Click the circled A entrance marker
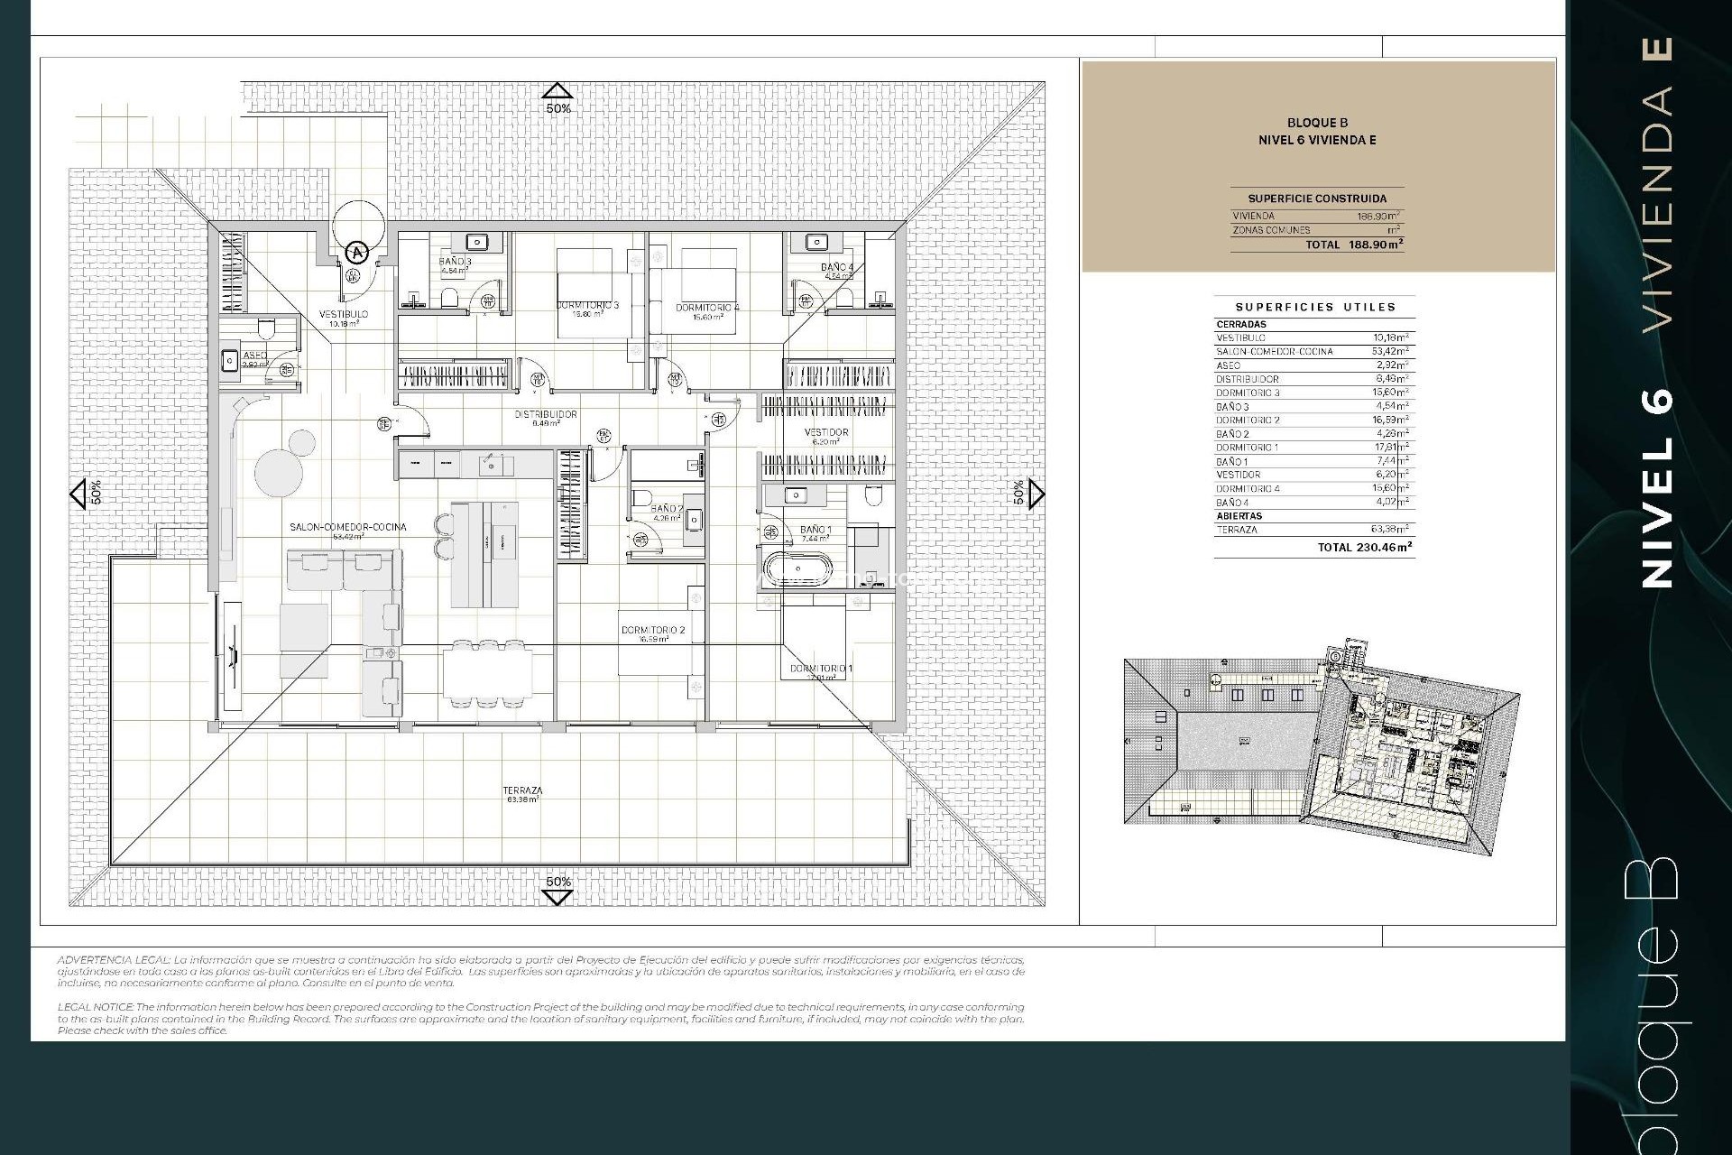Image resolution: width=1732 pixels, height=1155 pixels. click(x=358, y=253)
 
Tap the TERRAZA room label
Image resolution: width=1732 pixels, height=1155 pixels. click(x=522, y=791)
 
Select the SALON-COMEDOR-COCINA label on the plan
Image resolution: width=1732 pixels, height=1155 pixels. click(x=347, y=527)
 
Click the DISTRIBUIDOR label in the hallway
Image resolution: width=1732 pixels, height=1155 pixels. click(x=545, y=415)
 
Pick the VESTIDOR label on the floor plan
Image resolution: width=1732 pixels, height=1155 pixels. click(x=825, y=433)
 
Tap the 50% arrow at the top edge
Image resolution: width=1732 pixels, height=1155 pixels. click(x=557, y=91)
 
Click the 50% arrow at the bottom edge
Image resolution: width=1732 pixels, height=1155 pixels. click(x=557, y=895)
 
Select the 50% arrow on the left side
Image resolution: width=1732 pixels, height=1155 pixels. click(x=78, y=493)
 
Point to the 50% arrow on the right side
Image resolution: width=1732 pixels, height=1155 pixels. click(x=1036, y=493)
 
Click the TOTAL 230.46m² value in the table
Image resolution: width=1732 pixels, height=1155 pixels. click(x=1365, y=547)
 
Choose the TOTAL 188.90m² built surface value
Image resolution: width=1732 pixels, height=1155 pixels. click(x=1355, y=245)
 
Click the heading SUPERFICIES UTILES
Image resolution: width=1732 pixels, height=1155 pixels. click(x=1315, y=307)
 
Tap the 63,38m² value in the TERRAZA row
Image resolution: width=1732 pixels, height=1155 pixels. click(x=1389, y=530)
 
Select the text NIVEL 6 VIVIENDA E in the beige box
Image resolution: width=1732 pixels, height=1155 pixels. click(x=1317, y=140)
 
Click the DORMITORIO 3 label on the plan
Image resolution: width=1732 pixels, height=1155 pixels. click(x=587, y=306)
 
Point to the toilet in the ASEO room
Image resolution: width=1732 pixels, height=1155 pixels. click(x=266, y=325)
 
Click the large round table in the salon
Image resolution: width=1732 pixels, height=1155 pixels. click(x=274, y=470)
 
